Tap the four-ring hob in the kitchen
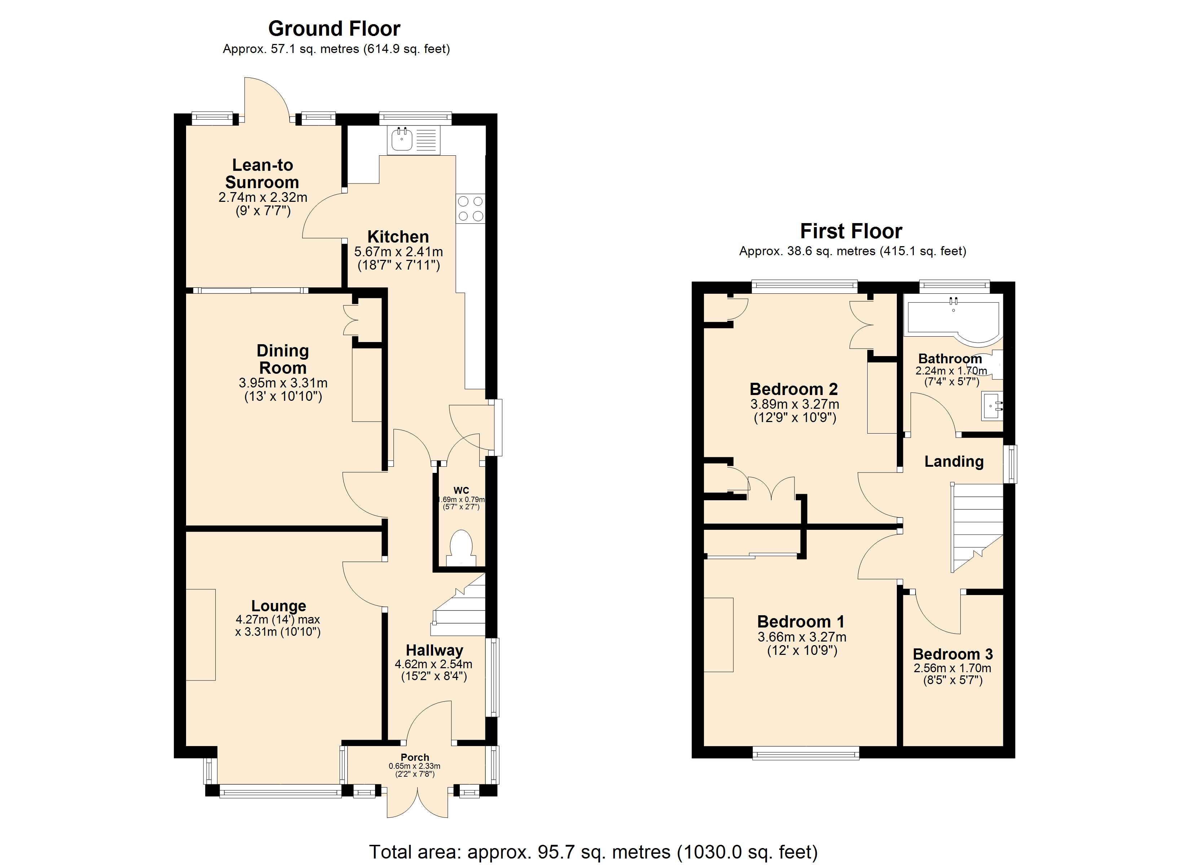coord(471,208)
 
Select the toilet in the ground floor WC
coord(462,549)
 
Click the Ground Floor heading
coord(334,28)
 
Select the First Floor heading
coord(851,231)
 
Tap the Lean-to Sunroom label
coord(263,174)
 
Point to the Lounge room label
coord(279,606)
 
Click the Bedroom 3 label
coord(952,654)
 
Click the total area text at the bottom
coord(594,852)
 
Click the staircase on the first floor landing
coord(977,524)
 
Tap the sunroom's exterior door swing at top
coord(265,97)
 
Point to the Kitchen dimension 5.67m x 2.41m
coord(398,252)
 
